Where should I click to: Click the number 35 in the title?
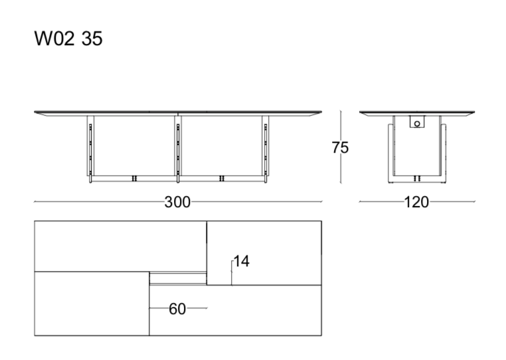tap(92, 39)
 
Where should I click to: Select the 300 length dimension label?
tap(177, 202)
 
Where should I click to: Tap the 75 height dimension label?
tap(340, 148)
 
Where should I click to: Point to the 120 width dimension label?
tap(416, 202)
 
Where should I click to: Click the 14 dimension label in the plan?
tap(241, 262)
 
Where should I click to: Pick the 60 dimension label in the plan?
tap(177, 308)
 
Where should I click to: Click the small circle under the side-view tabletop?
tap(418, 122)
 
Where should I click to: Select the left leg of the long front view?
tap(90, 147)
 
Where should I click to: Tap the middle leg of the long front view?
tap(177, 147)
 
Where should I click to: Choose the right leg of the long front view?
tap(265, 147)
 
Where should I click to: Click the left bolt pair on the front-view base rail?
tap(135, 179)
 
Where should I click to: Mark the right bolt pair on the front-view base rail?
tap(221, 179)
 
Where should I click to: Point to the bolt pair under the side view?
tap(418, 179)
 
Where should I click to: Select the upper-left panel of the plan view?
tap(120, 246)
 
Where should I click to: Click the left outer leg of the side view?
tap(390, 149)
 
